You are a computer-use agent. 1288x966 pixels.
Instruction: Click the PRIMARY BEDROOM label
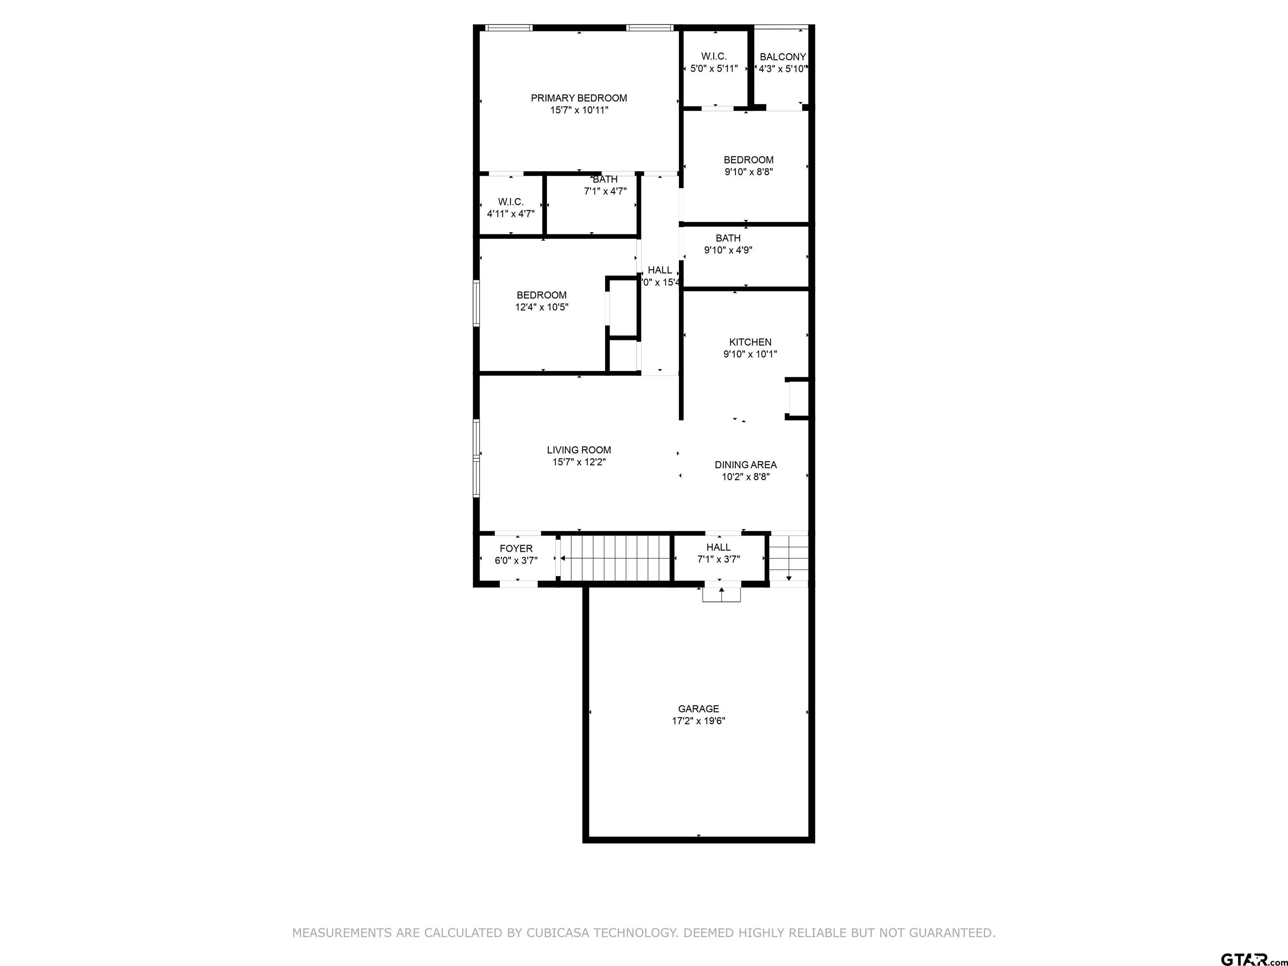click(x=579, y=98)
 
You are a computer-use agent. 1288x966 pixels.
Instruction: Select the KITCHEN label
click(x=750, y=343)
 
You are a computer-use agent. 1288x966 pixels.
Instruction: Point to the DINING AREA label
click(x=745, y=465)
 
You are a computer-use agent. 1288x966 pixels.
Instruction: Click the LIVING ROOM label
click(x=579, y=450)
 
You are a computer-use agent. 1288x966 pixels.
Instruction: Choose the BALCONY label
click(x=783, y=57)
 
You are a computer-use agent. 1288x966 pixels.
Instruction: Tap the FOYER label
click(x=516, y=548)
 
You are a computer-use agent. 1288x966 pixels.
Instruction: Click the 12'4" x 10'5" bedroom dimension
click(x=542, y=307)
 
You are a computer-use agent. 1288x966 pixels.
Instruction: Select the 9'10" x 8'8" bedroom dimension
click(x=748, y=172)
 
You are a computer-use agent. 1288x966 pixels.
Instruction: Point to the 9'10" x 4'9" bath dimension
click(x=728, y=250)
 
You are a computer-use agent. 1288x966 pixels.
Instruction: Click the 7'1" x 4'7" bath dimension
click(x=605, y=192)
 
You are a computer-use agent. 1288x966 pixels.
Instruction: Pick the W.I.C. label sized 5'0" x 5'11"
click(x=714, y=57)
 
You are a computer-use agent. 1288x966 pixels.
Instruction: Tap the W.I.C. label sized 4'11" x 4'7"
click(x=511, y=202)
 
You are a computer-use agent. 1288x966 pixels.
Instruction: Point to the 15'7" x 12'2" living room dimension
click(x=579, y=462)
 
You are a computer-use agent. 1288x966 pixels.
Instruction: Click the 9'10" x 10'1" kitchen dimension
click(x=750, y=354)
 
